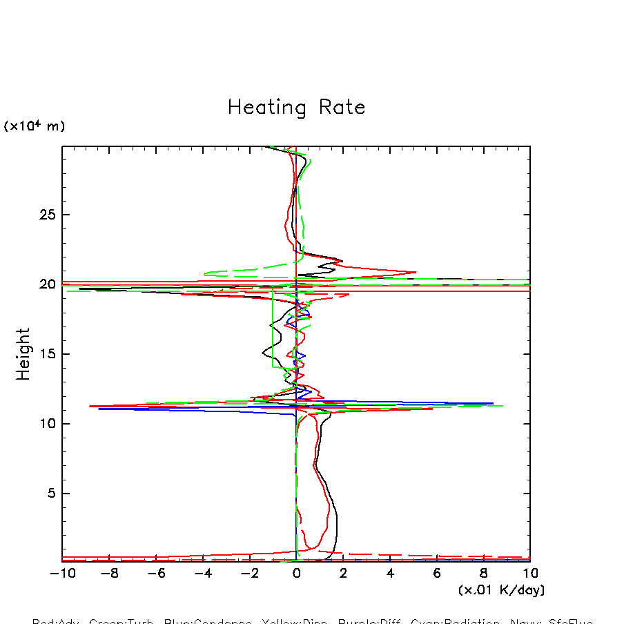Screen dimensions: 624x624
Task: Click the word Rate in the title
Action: [x=342, y=108]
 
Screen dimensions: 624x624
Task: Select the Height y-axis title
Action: [x=23, y=354]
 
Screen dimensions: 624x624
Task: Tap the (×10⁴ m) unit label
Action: [x=35, y=126]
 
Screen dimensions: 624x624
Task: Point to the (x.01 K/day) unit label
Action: [x=501, y=590]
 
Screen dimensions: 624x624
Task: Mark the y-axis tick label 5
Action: [x=49, y=494]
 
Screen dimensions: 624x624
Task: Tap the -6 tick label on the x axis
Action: [x=156, y=574]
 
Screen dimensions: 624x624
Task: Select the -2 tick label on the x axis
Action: [x=249, y=574]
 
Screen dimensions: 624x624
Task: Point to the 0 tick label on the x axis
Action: [x=296, y=574]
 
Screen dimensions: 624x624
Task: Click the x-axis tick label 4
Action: [x=390, y=574]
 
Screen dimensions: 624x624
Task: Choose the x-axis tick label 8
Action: [x=483, y=574]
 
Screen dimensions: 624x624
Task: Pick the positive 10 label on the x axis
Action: [x=530, y=574]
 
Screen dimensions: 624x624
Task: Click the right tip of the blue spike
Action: [x=493, y=403]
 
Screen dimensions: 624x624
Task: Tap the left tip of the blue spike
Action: [x=99, y=409]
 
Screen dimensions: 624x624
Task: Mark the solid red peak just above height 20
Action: [x=415, y=272]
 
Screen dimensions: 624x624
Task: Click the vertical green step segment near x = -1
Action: [x=273, y=331]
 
